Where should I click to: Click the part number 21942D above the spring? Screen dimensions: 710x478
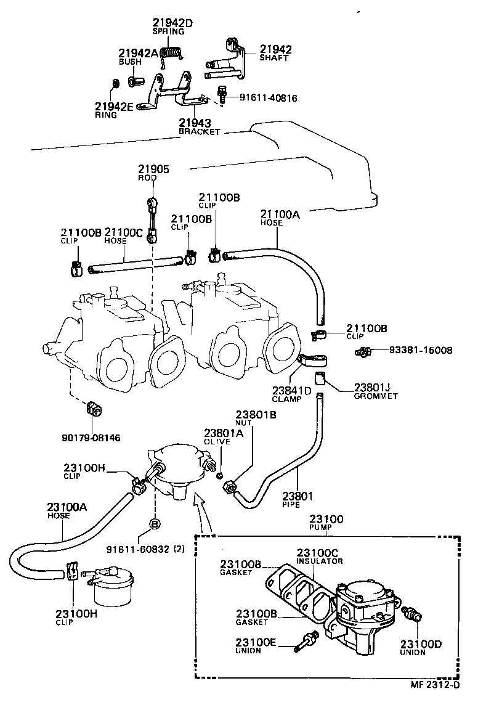(172, 23)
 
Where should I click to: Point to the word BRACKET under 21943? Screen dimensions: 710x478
(199, 131)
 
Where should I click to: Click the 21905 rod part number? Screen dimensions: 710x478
(153, 169)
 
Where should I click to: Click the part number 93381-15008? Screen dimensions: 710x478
(421, 350)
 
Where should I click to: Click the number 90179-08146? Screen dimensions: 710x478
(91, 438)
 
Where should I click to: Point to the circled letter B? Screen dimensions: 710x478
(154, 525)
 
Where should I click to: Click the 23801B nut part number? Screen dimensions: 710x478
(255, 415)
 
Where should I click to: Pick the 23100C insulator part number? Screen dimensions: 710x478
(319, 553)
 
